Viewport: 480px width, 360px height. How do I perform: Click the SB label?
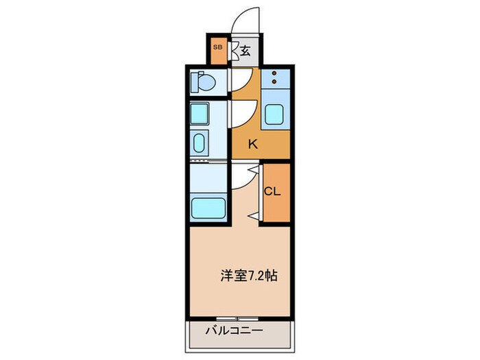217,47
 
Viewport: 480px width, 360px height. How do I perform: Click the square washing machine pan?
200,113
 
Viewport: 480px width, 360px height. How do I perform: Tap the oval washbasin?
200,145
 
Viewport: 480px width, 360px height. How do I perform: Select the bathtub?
206,206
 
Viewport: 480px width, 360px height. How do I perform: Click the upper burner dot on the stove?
274,73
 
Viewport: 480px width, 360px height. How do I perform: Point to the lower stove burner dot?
274,82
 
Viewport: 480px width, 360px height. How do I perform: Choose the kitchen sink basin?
276,114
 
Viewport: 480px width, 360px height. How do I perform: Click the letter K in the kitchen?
253,144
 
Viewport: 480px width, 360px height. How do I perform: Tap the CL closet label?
273,192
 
